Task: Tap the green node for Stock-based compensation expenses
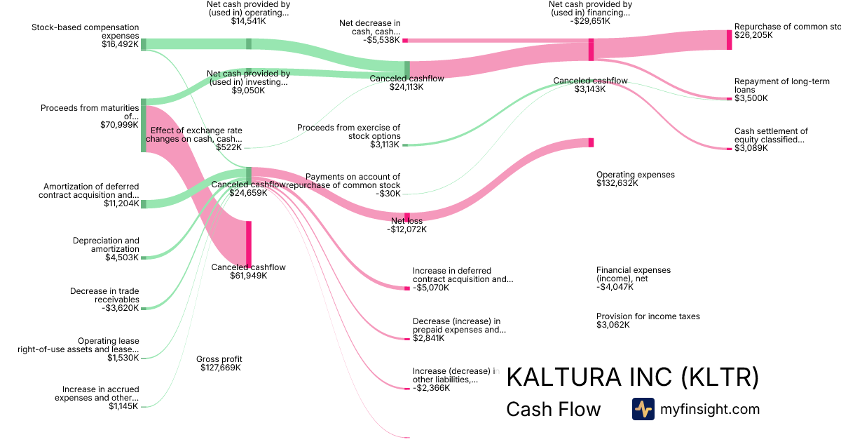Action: coord(144,44)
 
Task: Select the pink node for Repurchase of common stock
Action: coord(729,40)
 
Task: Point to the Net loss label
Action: coord(406,221)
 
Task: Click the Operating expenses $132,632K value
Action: coord(617,183)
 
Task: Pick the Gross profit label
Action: coord(219,359)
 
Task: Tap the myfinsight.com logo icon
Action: coord(643,409)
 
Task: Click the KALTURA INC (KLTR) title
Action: coord(632,377)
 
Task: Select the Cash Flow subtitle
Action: coord(553,409)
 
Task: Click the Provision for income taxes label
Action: coord(648,316)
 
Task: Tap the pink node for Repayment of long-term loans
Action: coord(729,99)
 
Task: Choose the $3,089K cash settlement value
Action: coord(751,148)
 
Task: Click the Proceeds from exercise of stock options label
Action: coord(349,132)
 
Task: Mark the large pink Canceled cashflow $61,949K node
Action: coord(249,243)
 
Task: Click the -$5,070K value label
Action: coord(430,287)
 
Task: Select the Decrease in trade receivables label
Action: coord(104,295)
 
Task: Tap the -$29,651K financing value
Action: coord(589,21)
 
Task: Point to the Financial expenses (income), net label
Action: coord(633,274)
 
